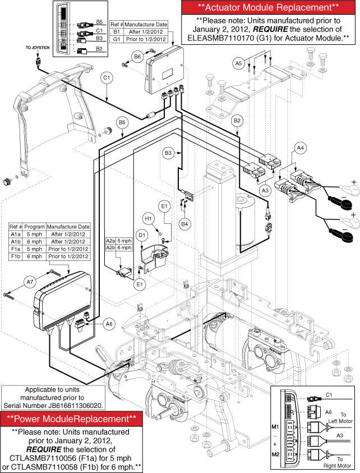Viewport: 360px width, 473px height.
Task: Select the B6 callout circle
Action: point(137,56)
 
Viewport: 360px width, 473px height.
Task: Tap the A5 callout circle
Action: point(239,63)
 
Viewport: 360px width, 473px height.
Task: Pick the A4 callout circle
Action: point(301,148)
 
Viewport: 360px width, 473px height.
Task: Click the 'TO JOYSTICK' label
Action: point(38,48)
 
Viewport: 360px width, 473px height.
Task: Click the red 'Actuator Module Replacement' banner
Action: point(269,8)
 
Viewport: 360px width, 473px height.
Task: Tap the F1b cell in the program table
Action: point(16,256)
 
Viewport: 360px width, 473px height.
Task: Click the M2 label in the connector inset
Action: point(275,453)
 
